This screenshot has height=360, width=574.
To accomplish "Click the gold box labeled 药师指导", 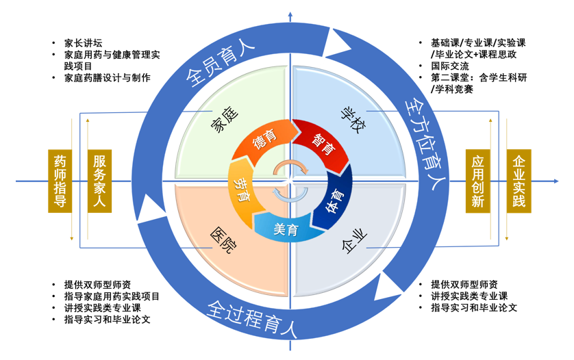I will [60, 181].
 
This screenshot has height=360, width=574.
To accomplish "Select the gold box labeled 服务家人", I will [100, 181].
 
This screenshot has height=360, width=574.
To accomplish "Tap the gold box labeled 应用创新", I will [478, 181].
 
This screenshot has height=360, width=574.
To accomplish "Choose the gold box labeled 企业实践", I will [519, 181].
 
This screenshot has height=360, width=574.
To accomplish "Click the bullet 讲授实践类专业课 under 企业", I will [469, 296].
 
